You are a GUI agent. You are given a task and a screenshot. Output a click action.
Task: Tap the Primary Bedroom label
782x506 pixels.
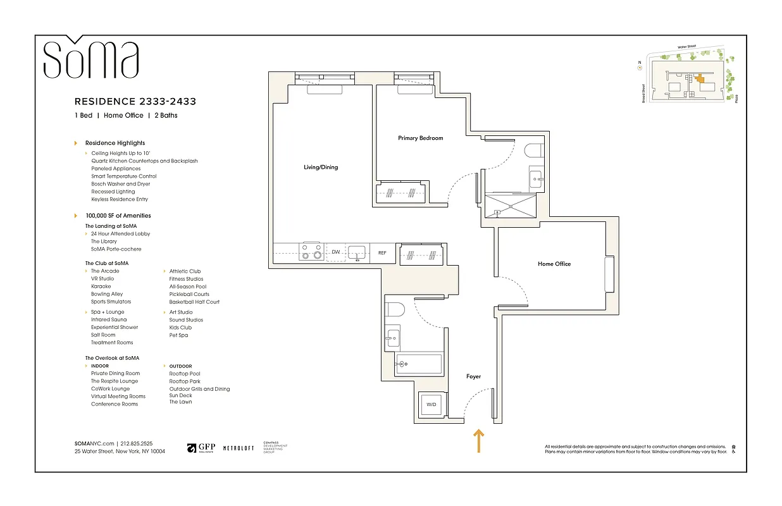pyautogui.click(x=420, y=138)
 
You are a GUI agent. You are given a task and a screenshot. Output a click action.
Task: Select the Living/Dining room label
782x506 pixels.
pyautogui.click(x=321, y=168)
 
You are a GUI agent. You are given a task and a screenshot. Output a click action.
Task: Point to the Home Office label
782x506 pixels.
pyautogui.click(x=554, y=264)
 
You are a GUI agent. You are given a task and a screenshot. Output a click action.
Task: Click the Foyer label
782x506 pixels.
pyautogui.click(x=473, y=376)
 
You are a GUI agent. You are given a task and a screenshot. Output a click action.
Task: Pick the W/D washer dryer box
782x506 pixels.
pyautogui.click(x=431, y=405)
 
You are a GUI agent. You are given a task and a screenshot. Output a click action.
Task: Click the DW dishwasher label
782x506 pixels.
pyautogui.click(x=336, y=252)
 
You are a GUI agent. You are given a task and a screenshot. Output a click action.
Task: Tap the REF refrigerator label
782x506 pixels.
pyautogui.click(x=382, y=253)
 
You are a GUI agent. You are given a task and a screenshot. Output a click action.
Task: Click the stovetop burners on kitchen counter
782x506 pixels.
pyautogui.click(x=311, y=252)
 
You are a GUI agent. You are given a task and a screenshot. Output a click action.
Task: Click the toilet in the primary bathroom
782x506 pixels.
pyautogui.click(x=532, y=151)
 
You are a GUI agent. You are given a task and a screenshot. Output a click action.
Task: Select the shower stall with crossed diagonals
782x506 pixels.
pyautogui.click(x=510, y=204)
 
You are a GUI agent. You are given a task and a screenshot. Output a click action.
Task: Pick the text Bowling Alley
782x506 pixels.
pyautogui.click(x=107, y=294)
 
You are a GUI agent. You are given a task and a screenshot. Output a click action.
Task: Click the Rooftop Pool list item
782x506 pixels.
pyautogui.click(x=184, y=374)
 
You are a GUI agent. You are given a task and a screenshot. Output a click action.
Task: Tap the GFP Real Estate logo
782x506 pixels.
pyautogui.click(x=201, y=448)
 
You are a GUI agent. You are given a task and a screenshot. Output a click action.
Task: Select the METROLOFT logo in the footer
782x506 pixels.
pyautogui.click(x=239, y=448)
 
